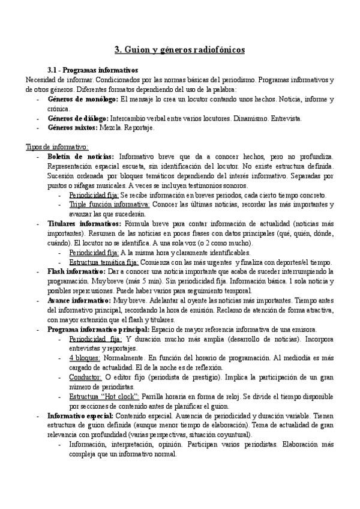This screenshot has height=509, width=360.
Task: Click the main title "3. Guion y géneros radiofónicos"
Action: tap(179, 50)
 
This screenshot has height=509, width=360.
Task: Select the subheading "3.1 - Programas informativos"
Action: tap(92, 70)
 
